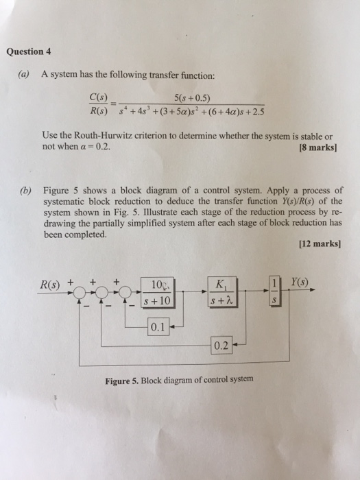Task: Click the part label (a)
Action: pyautogui.click(x=28, y=74)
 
